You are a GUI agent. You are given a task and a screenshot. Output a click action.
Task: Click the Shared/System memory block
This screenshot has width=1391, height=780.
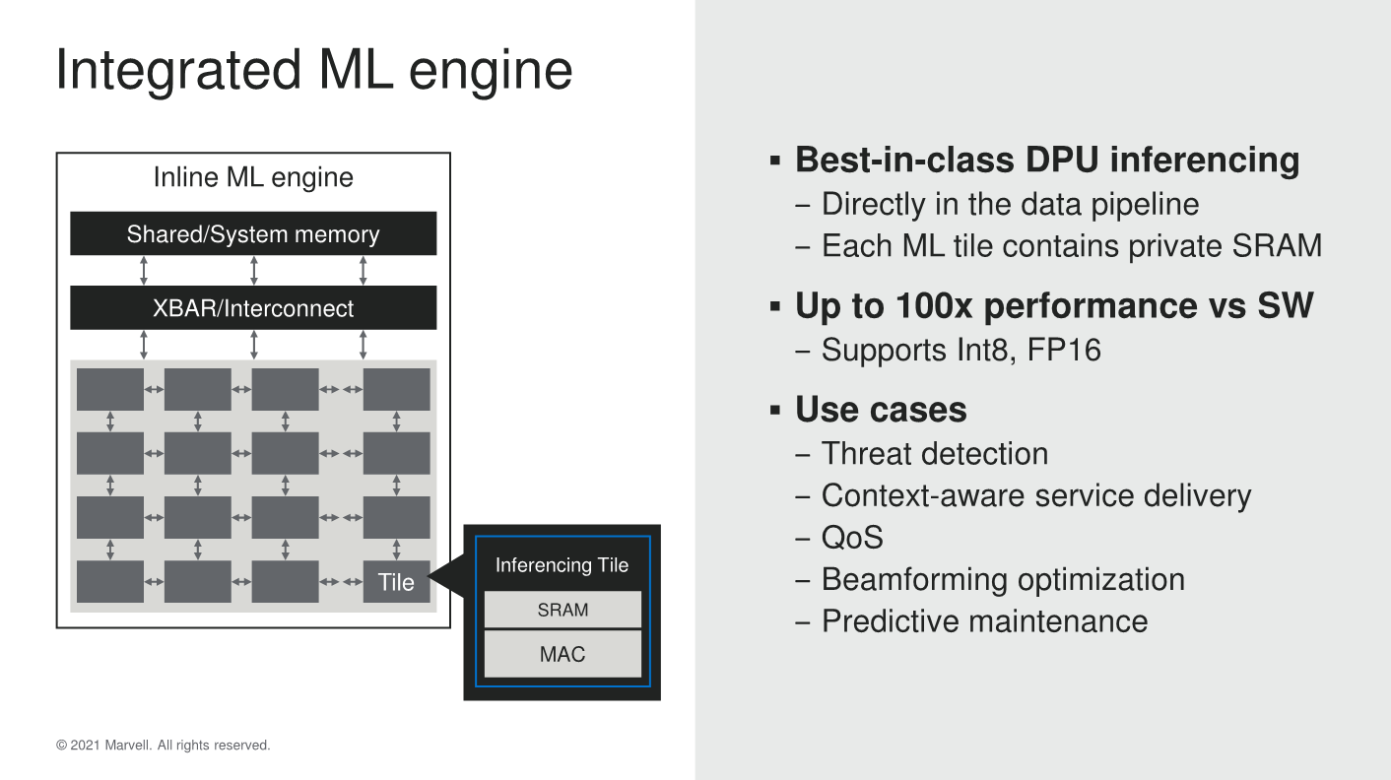click(x=253, y=233)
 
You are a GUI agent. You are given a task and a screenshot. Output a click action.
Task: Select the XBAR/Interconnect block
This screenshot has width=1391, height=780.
click(x=253, y=308)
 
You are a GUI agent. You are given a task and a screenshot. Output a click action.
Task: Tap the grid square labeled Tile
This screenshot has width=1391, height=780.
click(x=396, y=582)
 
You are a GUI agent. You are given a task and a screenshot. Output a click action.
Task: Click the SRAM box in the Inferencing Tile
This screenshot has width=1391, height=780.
click(x=563, y=610)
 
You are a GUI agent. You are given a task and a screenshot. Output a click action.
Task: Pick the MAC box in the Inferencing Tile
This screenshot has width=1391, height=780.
click(x=563, y=654)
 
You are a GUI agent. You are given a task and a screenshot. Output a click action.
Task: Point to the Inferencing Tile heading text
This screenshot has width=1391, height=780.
click(x=562, y=565)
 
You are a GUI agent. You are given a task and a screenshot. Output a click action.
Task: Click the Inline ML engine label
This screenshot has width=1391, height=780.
click(x=253, y=177)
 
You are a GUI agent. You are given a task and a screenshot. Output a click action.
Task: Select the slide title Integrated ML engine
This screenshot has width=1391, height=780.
click(x=313, y=70)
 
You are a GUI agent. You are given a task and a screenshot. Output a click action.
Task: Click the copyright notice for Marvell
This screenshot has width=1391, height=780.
click(x=164, y=746)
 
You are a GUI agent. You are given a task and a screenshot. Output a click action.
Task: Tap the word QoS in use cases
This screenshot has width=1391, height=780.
click(x=852, y=538)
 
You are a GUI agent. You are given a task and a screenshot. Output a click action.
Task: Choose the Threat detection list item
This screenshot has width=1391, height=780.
click(x=935, y=454)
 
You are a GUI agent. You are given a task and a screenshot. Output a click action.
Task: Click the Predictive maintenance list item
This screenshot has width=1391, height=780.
click(x=985, y=621)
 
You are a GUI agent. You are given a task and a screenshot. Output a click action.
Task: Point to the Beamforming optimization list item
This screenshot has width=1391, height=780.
click(x=1003, y=580)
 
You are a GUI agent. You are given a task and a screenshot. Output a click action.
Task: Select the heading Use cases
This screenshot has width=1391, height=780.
click(x=881, y=410)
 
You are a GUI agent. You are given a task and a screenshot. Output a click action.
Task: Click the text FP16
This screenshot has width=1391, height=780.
click(x=1064, y=350)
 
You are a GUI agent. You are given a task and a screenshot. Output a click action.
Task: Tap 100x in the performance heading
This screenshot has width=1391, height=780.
click(x=934, y=306)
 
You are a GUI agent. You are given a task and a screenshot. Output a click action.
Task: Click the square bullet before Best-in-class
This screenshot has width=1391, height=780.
click(x=775, y=161)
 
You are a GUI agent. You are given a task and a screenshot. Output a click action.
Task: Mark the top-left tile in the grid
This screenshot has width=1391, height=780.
click(x=110, y=389)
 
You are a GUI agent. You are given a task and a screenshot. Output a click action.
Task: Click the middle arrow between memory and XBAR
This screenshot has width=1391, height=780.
click(x=253, y=271)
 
